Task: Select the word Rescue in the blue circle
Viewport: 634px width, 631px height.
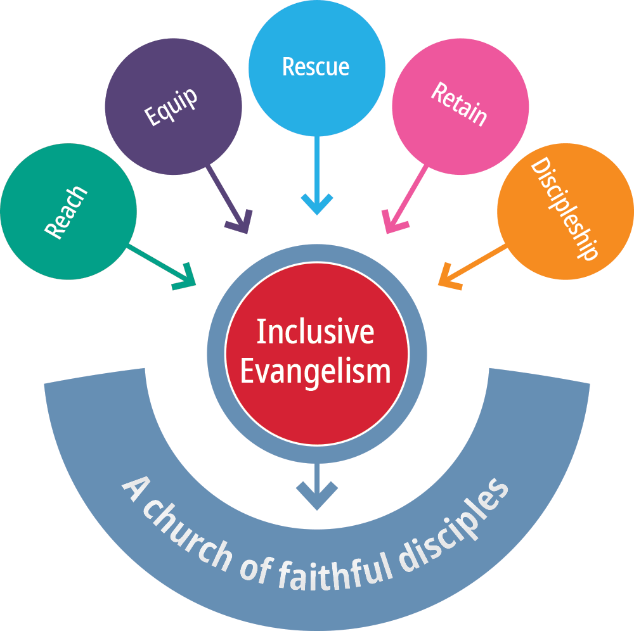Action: point(316,67)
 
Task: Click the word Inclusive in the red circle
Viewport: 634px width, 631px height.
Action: point(315,333)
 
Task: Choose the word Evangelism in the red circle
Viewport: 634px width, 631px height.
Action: point(315,371)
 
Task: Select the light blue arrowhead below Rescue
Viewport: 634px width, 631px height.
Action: point(316,204)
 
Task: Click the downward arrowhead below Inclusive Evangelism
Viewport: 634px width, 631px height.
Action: point(316,497)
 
